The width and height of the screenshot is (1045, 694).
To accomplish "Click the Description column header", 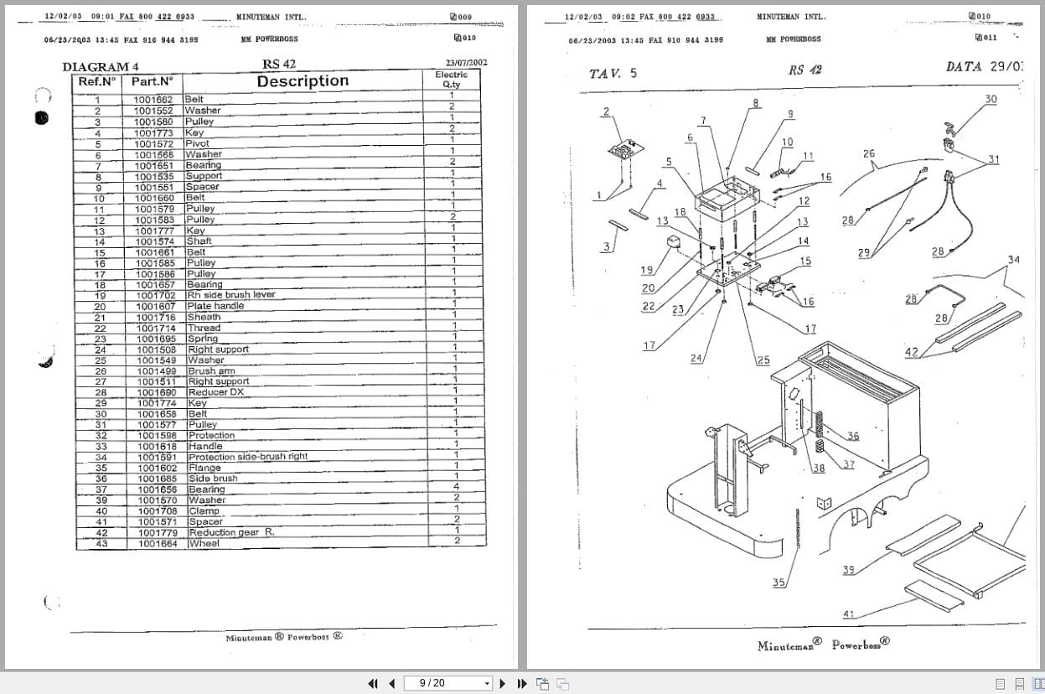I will [x=303, y=81].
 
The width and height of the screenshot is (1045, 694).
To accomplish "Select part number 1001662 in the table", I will [x=153, y=99].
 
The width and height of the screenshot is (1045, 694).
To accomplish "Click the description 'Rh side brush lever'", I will [x=230, y=295].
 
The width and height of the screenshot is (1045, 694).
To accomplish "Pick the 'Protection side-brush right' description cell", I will [x=247, y=457].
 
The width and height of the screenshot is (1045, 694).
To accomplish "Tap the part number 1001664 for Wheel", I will [x=157, y=544].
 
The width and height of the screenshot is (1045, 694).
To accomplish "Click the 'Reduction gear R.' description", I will [x=231, y=533].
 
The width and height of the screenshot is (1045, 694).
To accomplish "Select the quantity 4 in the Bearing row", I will [x=456, y=487].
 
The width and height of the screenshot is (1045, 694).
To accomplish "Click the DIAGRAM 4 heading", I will [x=101, y=67].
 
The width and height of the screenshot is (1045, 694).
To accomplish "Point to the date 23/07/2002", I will [x=466, y=62].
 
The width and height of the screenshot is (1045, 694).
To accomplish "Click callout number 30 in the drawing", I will [x=991, y=99].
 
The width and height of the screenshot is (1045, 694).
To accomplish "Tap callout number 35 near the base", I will [x=779, y=583].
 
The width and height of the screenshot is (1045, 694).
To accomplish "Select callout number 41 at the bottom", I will [x=848, y=614].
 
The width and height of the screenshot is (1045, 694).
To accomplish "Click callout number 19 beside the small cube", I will [x=647, y=270].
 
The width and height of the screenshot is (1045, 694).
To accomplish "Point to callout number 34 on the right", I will [x=1013, y=260].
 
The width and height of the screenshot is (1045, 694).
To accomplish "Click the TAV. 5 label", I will [x=613, y=73].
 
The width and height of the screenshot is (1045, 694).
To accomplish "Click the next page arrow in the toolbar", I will [x=503, y=683].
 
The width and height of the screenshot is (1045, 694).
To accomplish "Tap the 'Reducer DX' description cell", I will [x=215, y=392].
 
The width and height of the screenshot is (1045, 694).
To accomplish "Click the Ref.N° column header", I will [x=97, y=81].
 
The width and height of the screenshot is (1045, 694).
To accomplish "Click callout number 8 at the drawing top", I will [x=755, y=103].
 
